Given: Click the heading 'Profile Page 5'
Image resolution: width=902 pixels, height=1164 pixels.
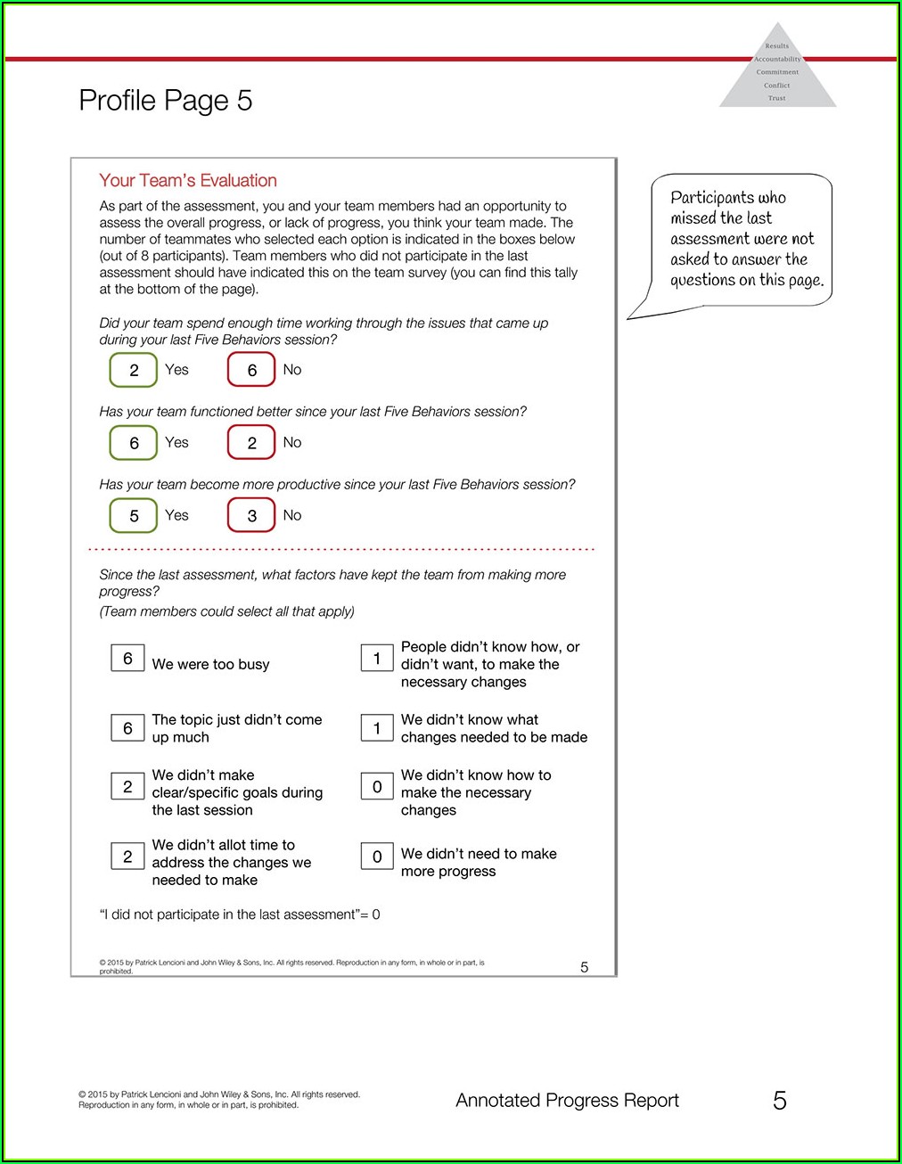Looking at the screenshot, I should coord(165,101).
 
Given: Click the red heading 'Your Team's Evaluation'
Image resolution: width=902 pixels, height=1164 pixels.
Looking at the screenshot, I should coord(188,181).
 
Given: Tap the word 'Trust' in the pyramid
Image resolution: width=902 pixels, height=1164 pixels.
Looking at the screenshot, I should coord(777,98).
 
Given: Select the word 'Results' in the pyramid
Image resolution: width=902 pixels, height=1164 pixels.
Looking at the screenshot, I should coord(777,46).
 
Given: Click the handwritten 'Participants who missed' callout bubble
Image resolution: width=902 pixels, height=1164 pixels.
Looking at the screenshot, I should coord(742,239).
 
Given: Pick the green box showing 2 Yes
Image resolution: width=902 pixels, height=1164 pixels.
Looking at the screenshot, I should coord(134,370).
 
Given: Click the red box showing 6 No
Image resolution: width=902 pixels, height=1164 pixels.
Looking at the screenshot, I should coord(251,370).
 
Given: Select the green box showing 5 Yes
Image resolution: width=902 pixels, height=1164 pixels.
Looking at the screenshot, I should coord(134,515).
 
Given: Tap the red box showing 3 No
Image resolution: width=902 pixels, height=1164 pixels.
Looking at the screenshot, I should coord(251,515).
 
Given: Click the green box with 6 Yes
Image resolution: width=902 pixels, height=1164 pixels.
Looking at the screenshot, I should coord(134,443).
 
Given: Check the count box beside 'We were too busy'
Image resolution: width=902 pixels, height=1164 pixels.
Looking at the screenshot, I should coord(127,658).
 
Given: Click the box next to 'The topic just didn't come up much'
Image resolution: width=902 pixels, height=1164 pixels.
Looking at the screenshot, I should coord(127,728).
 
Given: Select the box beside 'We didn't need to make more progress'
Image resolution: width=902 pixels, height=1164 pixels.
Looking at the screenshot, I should coord(377,857).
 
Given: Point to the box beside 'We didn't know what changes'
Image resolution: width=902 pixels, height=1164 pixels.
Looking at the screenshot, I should coord(377,728).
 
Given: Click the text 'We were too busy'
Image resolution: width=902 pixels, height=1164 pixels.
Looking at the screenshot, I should coord(210,664).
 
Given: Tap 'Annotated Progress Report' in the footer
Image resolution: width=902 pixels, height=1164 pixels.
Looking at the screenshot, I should coord(567,1101).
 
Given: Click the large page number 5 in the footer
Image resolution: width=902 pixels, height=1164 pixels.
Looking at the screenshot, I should coord(780,1101).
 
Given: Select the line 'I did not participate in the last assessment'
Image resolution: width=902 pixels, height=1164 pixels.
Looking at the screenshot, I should coord(239,914).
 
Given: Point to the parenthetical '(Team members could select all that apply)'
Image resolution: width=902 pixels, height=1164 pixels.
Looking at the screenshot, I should coord(226,611).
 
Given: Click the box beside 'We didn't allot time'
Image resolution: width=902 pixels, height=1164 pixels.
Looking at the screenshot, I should coord(127,857).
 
